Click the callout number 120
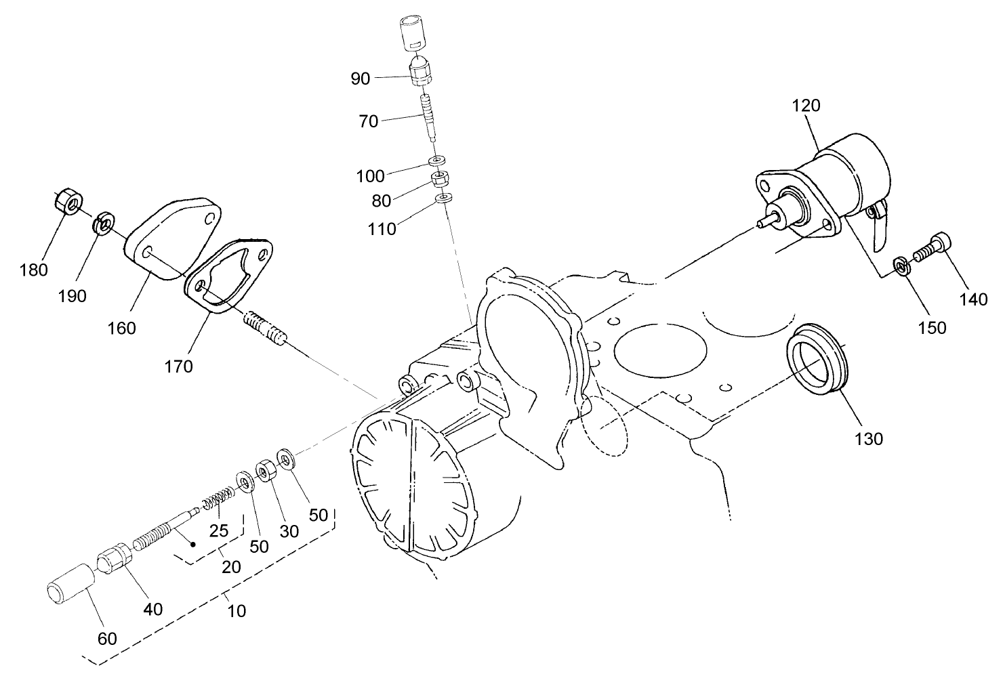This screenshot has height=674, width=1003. pyautogui.click(x=805, y=106)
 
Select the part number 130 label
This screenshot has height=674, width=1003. pyautogui.click(x=868, y=438)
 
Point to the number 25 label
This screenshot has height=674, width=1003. pyautogui.click(x=218, y=530)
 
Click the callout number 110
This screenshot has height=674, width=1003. pyautogui.click(x=383, y=229)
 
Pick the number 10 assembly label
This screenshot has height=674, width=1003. pyautogui.click(x=236, y=610)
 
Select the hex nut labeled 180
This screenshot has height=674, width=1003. pyautogui.click(x=67, y=200)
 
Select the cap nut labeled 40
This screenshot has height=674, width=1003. pyautogui.click(x=112, y=557)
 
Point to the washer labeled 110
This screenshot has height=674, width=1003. pyautogui.click(x=443, y=198)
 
